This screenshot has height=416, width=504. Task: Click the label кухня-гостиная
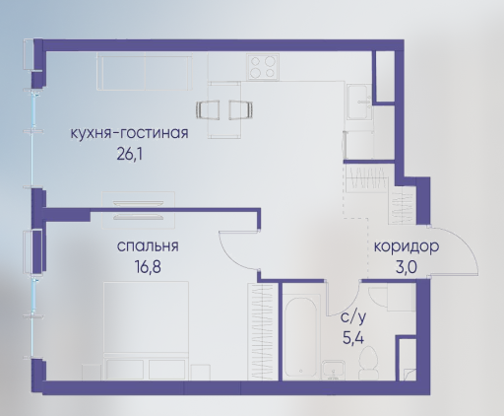130,133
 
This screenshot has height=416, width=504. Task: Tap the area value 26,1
130,154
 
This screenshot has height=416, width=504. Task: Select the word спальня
148,246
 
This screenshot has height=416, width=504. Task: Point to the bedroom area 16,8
148,266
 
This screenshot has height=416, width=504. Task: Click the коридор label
407,246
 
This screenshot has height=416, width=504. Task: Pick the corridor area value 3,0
407,267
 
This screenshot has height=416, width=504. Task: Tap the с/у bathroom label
353,316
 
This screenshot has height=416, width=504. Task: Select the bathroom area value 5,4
353,337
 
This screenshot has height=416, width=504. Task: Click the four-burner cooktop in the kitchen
263,67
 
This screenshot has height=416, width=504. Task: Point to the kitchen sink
359,102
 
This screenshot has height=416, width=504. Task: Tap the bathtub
301,337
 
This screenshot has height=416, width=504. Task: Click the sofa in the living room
145,72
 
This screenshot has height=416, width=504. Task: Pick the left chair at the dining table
208,109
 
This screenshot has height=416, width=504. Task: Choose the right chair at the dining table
241,109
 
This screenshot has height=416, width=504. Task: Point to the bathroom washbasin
334,371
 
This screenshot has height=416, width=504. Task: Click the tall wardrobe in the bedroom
261,331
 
